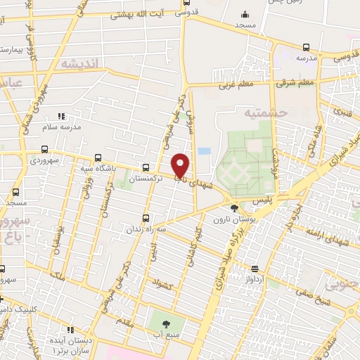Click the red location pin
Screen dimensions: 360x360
181,165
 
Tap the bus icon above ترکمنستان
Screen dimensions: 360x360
146,167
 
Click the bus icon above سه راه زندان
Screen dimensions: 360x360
146,218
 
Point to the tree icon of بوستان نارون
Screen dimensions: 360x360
234,207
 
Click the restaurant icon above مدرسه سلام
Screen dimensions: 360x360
60,115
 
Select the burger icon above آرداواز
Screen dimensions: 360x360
255,267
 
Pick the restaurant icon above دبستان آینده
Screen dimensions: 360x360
70,328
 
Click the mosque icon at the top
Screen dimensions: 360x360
244,13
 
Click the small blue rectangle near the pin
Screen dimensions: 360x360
204,150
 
